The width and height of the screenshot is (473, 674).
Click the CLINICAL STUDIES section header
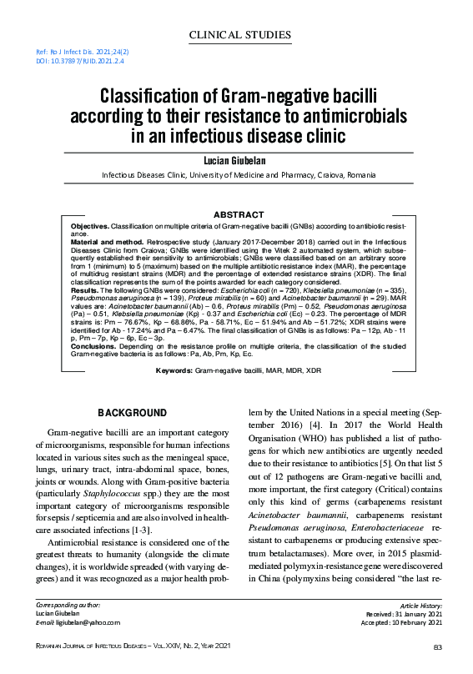click(241, 35)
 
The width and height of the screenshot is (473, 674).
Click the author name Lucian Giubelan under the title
click(241, 159)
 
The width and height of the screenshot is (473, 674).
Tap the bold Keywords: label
click(174, 392)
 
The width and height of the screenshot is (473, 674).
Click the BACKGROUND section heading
click(132, 413)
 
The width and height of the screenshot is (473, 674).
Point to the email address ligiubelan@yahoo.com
click(88, 622)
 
